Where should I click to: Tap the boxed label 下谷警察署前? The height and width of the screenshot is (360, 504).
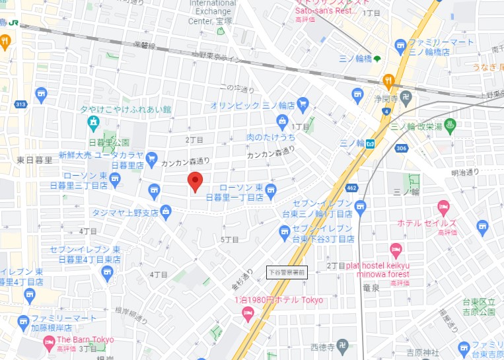click(287, 271)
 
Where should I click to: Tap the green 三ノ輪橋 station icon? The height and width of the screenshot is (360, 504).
click(377, 59)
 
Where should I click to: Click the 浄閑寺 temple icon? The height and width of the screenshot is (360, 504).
click(406, 99)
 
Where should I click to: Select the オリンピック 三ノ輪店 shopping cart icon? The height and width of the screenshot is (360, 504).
click(303, 104)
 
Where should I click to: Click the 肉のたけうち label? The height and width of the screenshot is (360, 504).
click(271, 137)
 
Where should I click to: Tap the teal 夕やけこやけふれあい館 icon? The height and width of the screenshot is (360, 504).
click(94, 122)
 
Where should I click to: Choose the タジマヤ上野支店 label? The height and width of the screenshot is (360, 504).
click(126, 213)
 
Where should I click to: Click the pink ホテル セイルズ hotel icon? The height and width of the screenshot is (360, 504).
click(443, 207)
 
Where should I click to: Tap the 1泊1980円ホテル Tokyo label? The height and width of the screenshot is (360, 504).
click(279, 300)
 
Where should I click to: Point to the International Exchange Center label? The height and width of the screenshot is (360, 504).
click(213, 12)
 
